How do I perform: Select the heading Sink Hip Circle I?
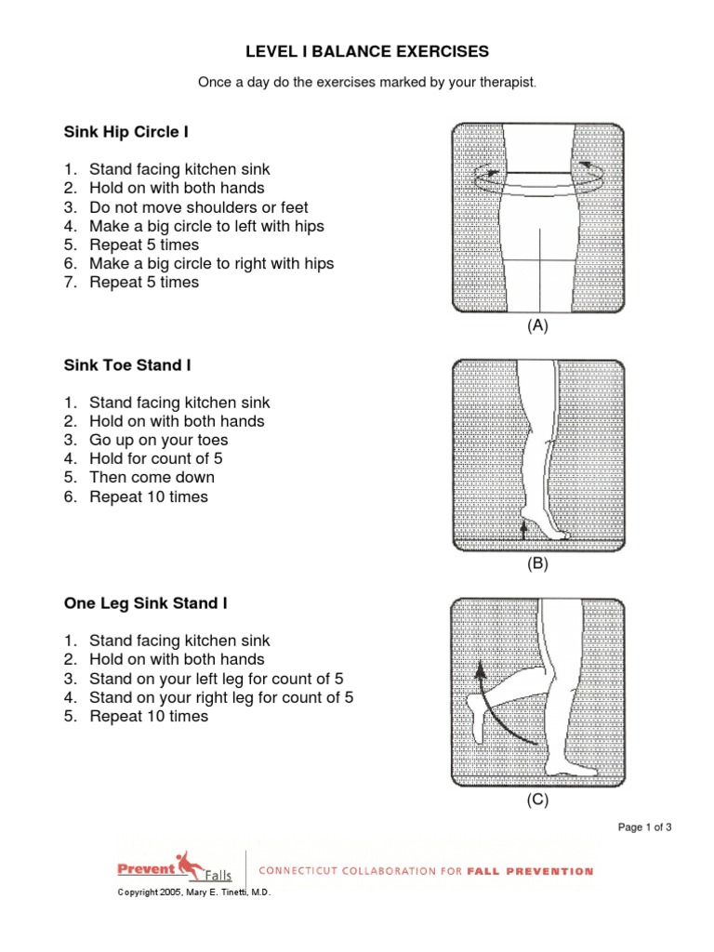(x=126, y=133)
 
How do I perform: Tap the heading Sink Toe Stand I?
(x=127, y=365)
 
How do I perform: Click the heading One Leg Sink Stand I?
(x=145, y=603)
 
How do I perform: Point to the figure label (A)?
(x=537, y=325)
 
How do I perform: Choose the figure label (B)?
(x=537, y=562)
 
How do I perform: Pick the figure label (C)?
(x=537, y=800)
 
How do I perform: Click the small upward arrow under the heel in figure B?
(x=523, y=529)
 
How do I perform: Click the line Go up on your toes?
(x=158, y=440)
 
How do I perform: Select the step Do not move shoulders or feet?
(x=198, y=207)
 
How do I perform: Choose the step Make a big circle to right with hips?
(x=211, y=263)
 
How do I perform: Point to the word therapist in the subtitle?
(x=508, y=83)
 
